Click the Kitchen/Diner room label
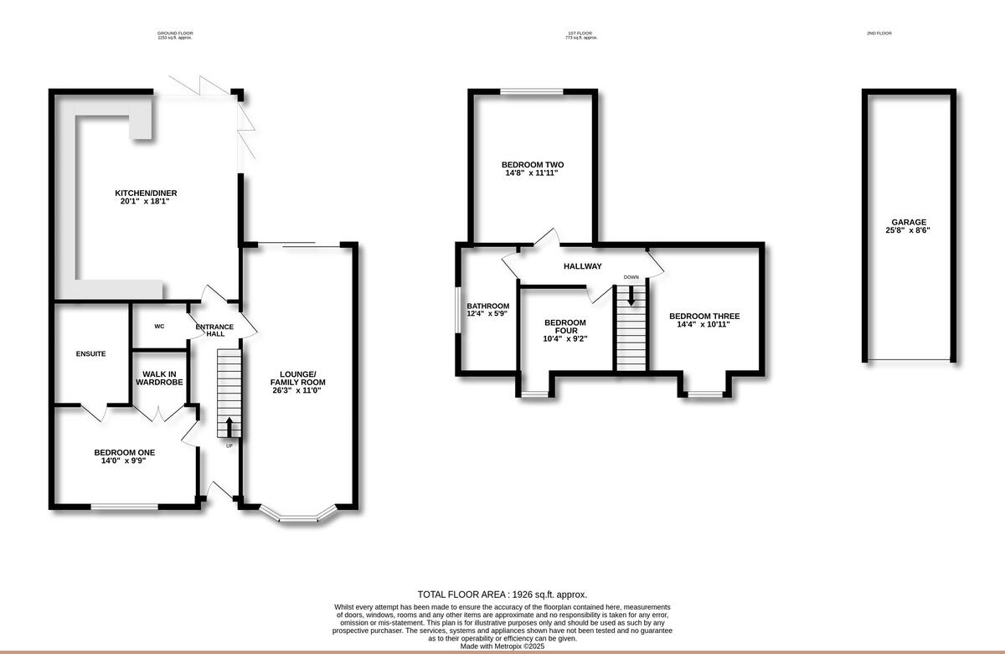click(x=146, y=193)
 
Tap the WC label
click(x=158, y=327)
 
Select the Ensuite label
click(x=90, y=354)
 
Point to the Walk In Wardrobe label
click(x=159, y=378)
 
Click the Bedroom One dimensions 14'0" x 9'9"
click(x=124, y=461)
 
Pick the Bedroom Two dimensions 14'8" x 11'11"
click(x=531, y=173)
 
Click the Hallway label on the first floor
click(x=582, y=266)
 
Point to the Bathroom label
click(x=488, y=306)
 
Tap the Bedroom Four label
click(x=565, y=327)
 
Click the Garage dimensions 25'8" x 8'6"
click(x=908, y=230)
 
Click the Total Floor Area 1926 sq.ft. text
click(x=502, y=594)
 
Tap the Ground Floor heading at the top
click(x=175, y=33)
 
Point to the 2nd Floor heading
click(x=879, y=33)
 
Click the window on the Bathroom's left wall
click(x=458, y=311)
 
